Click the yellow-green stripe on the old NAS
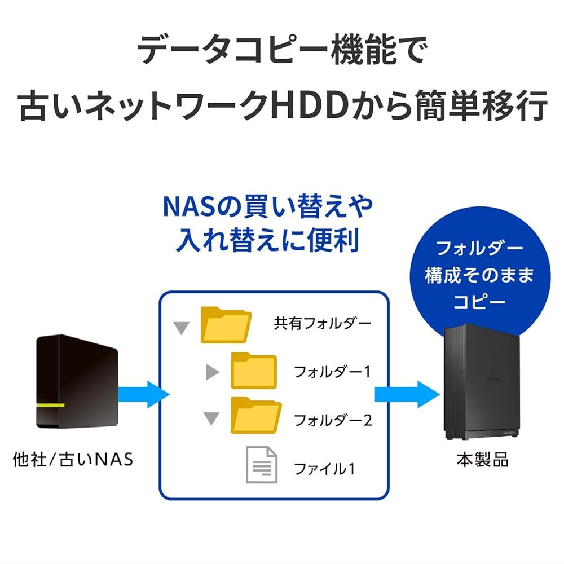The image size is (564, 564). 51,406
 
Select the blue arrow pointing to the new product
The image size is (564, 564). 407,393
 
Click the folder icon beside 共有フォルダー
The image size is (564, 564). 226,325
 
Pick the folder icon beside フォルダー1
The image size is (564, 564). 254,371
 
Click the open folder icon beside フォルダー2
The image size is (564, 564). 255,416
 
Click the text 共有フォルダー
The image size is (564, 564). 323,324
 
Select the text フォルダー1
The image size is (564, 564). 332,372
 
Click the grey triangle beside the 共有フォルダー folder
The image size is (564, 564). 181,328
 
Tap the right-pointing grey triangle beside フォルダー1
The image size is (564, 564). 212,372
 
